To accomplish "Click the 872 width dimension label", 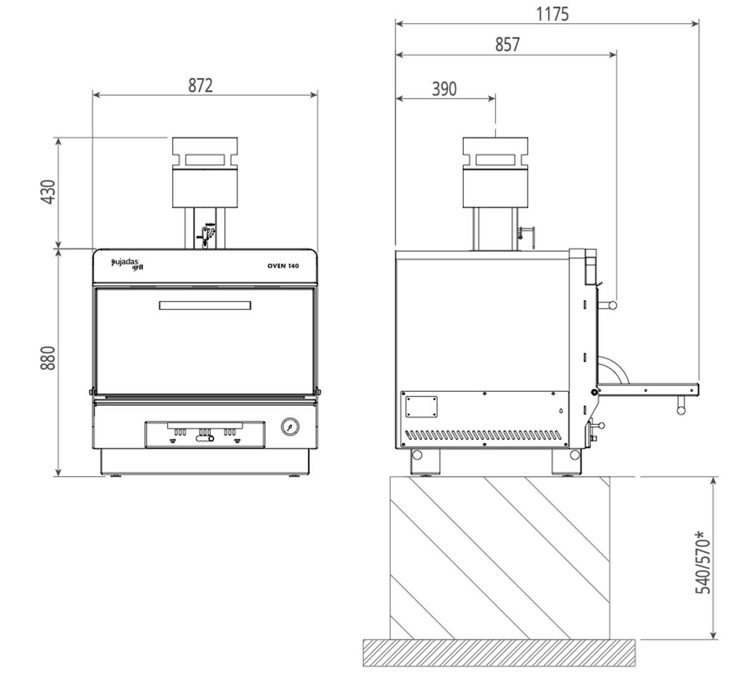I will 201,85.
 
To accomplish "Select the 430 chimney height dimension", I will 49,192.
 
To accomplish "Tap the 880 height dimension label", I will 49,358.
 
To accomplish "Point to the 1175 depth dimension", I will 552,14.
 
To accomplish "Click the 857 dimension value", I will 507,45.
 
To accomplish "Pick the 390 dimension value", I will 444,89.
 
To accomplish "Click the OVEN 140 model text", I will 283,266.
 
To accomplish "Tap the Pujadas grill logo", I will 127,264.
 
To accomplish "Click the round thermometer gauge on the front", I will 290,427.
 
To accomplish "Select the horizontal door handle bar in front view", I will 205,305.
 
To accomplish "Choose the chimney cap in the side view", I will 496,153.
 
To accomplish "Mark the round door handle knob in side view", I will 612,305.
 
